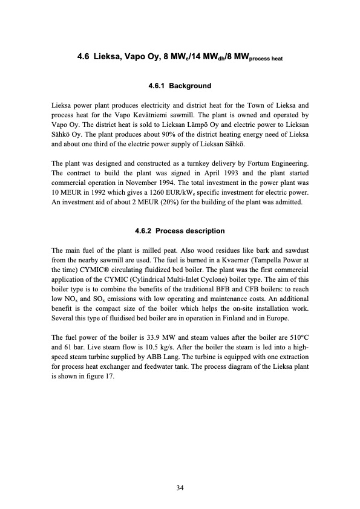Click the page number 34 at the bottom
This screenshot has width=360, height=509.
[x=180, y=488]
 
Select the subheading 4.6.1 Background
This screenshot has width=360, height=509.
[x=179, y=86]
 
